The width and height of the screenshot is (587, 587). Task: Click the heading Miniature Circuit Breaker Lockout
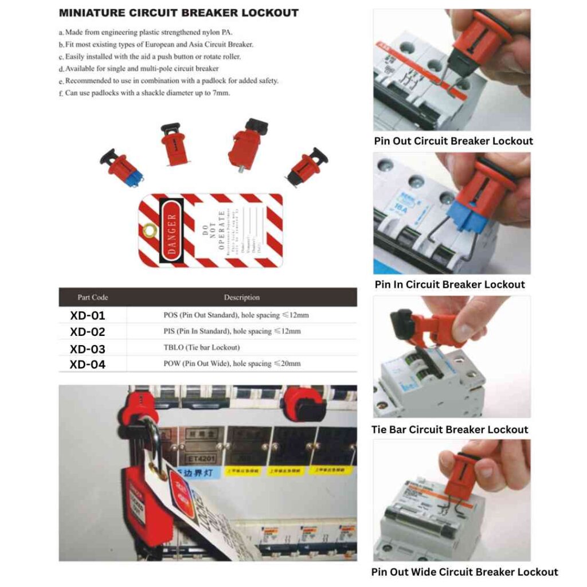179,13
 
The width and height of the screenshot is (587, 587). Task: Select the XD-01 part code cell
88,315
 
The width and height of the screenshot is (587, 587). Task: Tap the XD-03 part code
88,349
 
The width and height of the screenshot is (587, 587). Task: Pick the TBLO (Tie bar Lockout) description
202,347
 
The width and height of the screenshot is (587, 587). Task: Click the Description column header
241,298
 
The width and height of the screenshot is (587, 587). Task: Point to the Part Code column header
93,298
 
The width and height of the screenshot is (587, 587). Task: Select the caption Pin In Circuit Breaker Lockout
449,284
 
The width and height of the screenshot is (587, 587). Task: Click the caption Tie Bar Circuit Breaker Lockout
450,429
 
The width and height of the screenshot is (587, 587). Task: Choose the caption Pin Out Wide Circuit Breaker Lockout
464,572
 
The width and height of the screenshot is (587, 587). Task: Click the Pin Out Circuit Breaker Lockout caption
453,141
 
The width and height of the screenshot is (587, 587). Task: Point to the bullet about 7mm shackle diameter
147,93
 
